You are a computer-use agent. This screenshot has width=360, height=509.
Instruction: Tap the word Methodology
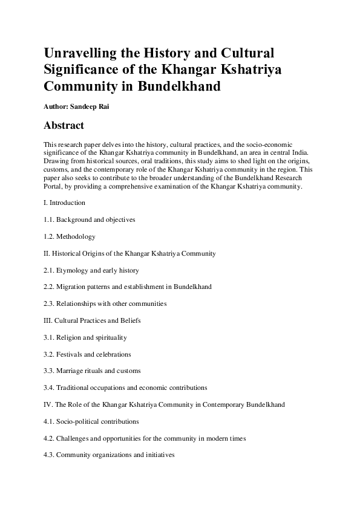pos(76,237)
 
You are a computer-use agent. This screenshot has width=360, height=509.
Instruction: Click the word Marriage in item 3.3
pos(70,371)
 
